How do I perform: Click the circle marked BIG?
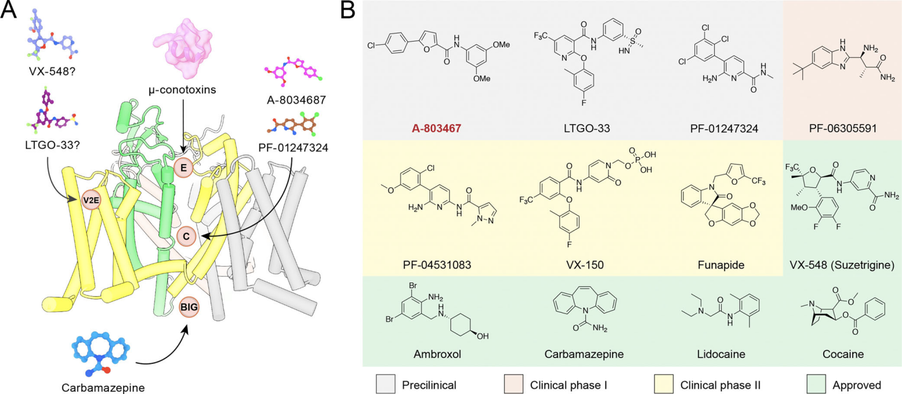tap(189, 308)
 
